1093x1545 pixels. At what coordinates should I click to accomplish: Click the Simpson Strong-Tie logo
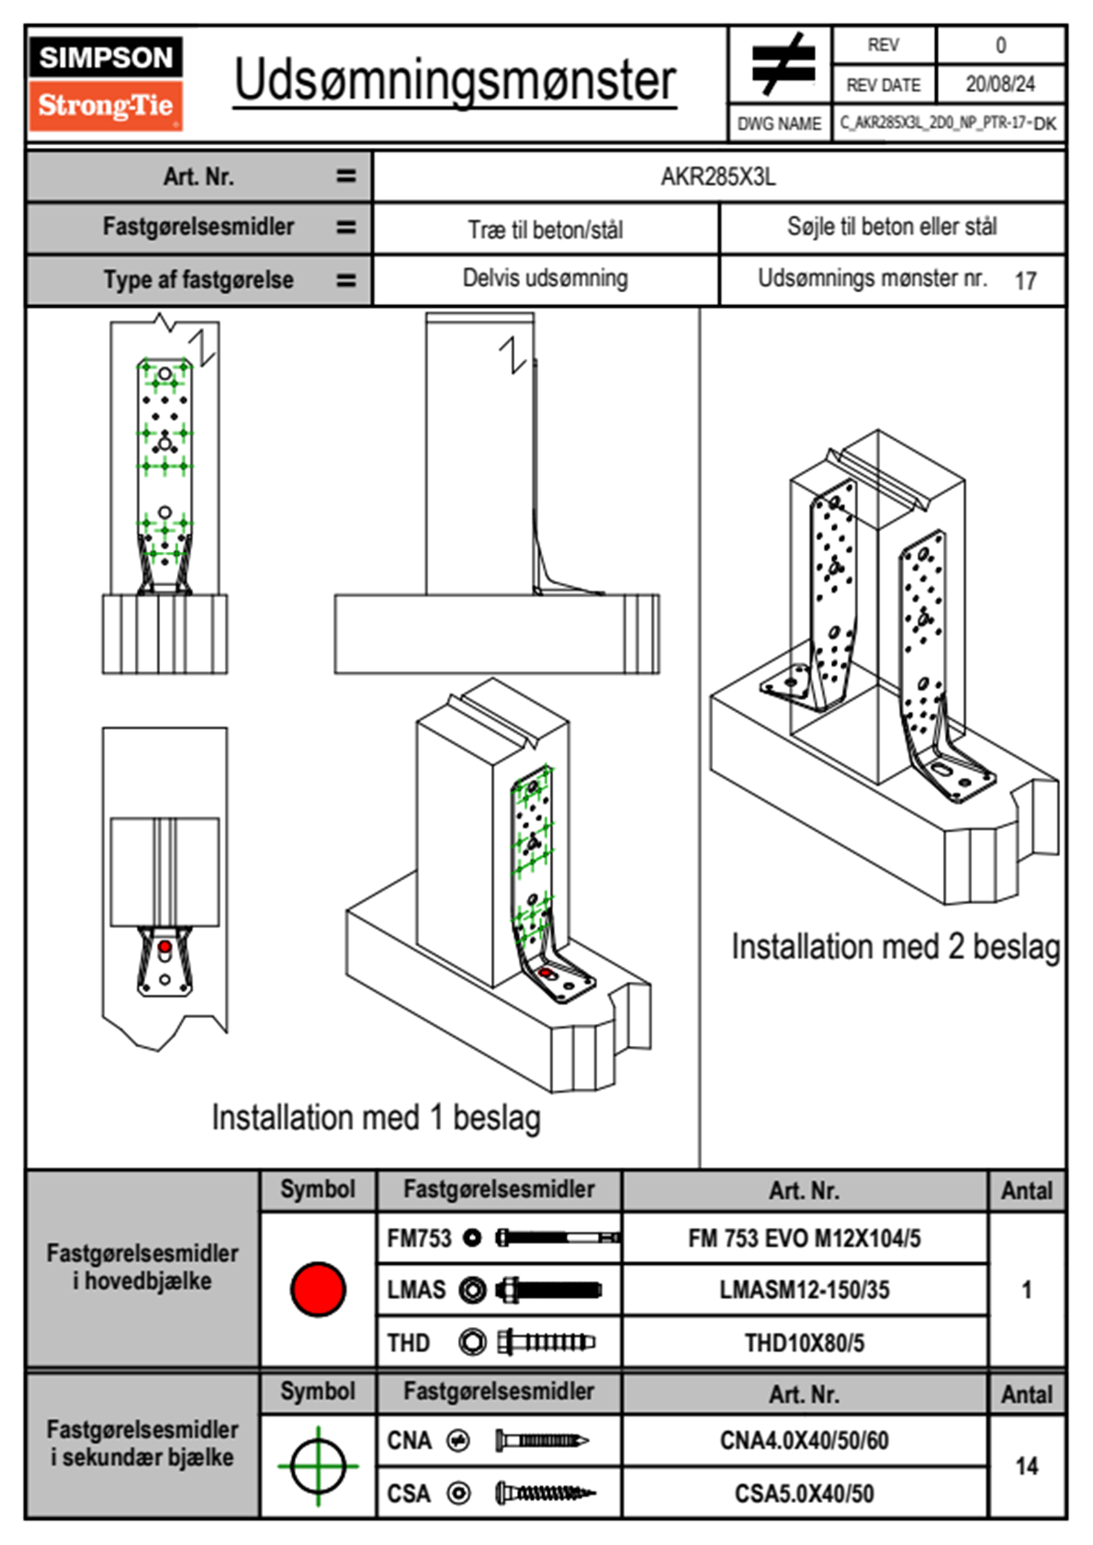(x=106, y=83)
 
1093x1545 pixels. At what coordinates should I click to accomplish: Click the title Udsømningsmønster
(x=455, y=81)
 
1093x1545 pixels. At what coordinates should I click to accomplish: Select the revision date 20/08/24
(x=999, y=85)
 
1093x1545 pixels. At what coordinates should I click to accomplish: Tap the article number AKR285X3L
(x=718, y=176)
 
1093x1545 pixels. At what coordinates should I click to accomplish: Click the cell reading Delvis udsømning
(x=546, y=278)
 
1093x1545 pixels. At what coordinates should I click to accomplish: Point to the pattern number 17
(x=1025, y=281)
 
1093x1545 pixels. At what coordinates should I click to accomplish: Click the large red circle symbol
(x=318, y=1289)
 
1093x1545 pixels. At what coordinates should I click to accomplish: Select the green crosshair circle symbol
(x=318, y=1465)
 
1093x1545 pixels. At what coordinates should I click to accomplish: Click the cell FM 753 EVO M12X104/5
(x=805, y=1238)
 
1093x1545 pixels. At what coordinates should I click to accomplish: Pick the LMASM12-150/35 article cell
(x=805, y=1290)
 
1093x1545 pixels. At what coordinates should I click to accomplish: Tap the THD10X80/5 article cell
(x=805, y=1343)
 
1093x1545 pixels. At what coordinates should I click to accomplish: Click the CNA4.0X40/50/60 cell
(x=805, y=1440)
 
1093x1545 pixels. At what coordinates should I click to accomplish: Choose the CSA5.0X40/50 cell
(x=805, y=1494)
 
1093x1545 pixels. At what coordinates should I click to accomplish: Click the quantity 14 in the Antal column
(x=1027, y=1466)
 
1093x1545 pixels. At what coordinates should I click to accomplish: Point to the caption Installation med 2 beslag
(x=896, y=947)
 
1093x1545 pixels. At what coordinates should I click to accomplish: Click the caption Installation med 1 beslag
(x=376, y=1118)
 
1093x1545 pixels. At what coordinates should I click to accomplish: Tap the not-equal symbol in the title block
(x=781, y=64)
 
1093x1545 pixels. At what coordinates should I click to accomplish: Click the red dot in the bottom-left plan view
(x=164, y=946)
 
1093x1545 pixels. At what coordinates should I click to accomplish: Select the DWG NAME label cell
(x=779, y=124)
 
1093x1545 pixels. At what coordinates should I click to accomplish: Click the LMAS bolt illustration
(x=547, y=1290)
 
